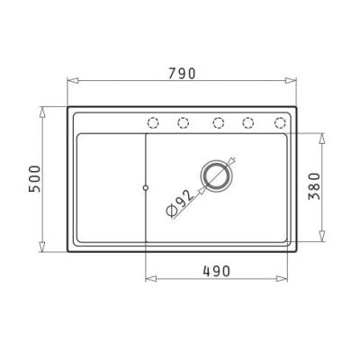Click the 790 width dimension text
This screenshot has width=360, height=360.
click(x=184, y=72)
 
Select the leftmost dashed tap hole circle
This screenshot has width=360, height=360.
click(x=152, y=122)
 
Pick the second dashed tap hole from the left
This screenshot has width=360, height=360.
click(x=183, y=122)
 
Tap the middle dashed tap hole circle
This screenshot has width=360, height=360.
click(x=218, y=122)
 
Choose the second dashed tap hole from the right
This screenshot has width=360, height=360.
click(x=249, y=122)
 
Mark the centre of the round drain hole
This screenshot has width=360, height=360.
click(x=216, y=176)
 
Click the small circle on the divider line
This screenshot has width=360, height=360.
click(x=146, y=187)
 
